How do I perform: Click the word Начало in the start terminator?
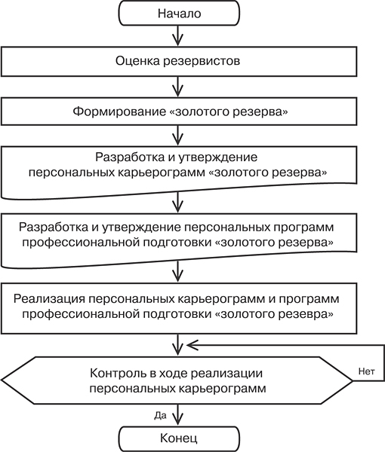[x=179, y=14]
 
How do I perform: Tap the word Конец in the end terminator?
[x=179, y=438]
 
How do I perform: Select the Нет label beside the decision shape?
[x=367, y=371]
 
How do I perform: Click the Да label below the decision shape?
[x=160, y=416]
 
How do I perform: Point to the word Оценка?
[x=137, y=61]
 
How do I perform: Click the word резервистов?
[x=202, y=62]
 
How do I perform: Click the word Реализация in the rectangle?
[x=49, y=298]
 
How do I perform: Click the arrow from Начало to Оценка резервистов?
[x=178, y=35]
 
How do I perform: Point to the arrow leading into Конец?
[x=178, y=414]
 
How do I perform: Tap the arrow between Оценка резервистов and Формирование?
[x=178, y=87]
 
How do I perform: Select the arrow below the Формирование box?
[x=178, y=136]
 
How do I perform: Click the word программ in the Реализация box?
[x=309, y=299]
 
